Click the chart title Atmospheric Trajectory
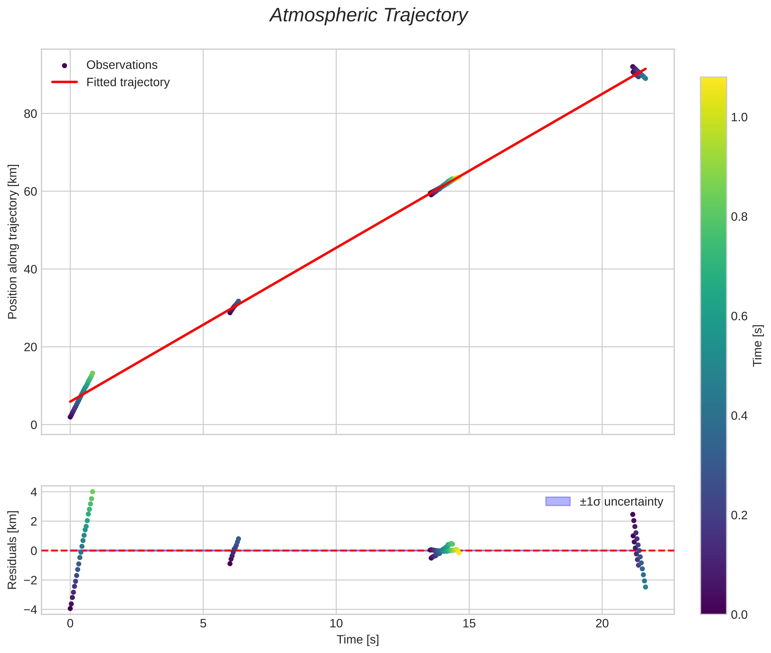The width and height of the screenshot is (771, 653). point(369,15)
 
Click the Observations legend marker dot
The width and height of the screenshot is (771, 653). point(65,65)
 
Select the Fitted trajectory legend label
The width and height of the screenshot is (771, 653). point(128,82)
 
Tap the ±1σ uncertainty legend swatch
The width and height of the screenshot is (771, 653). point(558,502)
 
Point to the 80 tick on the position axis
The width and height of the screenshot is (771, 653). point(30,114)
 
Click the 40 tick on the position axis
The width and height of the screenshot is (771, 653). point(30,270)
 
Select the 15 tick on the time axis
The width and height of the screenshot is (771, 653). point(469,624)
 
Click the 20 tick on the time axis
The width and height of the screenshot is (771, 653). point(602,624)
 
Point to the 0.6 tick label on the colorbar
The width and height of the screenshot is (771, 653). point(739,317)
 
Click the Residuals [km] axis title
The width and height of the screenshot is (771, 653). point(12,550)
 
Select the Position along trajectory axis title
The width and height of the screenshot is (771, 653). point(12,241)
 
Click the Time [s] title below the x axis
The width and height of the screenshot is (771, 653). point(358,639)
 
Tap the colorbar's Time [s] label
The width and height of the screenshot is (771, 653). point(758,346)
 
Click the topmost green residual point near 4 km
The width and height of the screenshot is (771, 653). point(93,492)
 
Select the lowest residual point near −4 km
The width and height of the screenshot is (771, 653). point(70,608)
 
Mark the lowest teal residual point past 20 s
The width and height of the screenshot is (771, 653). point(645,587)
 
